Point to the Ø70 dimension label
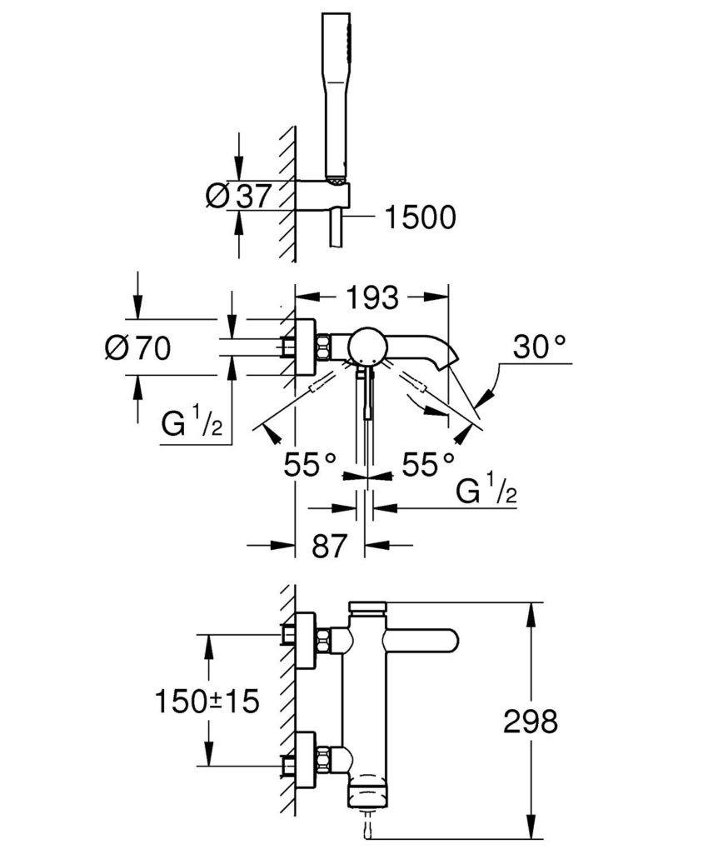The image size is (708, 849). pyautogui.click(x=137, y=347)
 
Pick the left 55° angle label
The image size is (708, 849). pyautogui.click(x=309, y=463)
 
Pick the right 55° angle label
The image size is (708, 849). pyautogui.click(x=429, y=463)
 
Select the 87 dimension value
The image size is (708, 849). pyautogui.click(x=330, y=547)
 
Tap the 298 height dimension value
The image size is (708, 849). pyautogui.click(x=529, y=721)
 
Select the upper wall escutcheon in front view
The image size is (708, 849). pyautogui.click(x=306, y=641)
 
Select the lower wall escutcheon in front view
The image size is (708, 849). pyautogui.click(x=306, y=759)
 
